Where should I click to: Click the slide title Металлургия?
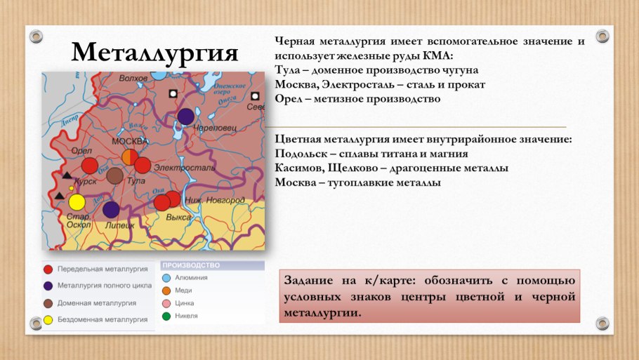pos(155,52)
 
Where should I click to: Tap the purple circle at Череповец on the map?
pos(185,116)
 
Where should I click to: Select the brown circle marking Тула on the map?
pos(115,175)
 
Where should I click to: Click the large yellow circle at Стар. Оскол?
pos(77,202)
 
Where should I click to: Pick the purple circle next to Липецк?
pos(111,209)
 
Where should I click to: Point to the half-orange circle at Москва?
pos(131,157)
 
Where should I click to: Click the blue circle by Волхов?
pos(159,73)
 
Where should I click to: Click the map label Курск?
pos(85,180)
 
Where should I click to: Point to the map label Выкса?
pos(178,218)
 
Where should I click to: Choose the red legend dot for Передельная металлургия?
pos(48,269)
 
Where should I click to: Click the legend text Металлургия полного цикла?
pos(105,286)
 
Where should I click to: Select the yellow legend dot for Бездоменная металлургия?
pos(48,320)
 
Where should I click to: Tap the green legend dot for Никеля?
pos(166,316)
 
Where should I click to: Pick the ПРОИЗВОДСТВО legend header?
pos(191,265)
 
